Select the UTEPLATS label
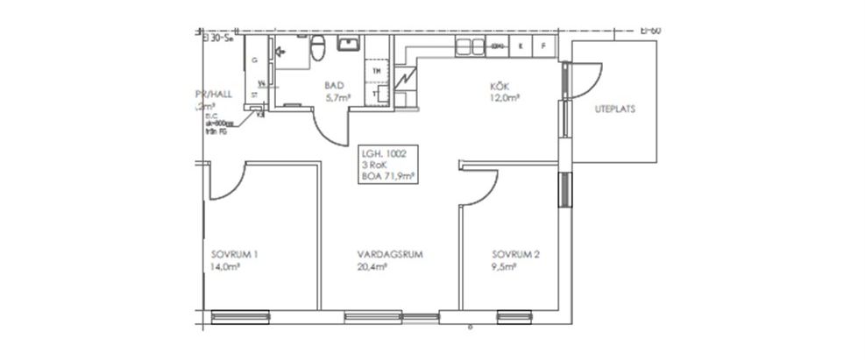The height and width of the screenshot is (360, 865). [x=614, y=110]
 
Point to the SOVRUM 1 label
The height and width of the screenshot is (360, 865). [x=232, y=255]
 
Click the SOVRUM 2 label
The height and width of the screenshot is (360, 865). [x=515, y=255]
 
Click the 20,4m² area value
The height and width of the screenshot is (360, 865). [x=372, y=268]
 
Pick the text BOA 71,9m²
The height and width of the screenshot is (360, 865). [x=385, y=176]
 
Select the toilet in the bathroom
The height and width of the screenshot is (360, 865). [x=320, y=46]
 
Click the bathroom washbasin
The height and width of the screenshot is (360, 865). [x=348, y=44]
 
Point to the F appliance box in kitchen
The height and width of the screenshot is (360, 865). [x=543, y=45]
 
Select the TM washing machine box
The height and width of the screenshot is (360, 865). [x=378, y=70]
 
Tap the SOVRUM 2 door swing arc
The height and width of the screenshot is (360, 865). [x=483, y=188]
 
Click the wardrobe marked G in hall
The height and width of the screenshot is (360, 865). [x=254, y=60]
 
